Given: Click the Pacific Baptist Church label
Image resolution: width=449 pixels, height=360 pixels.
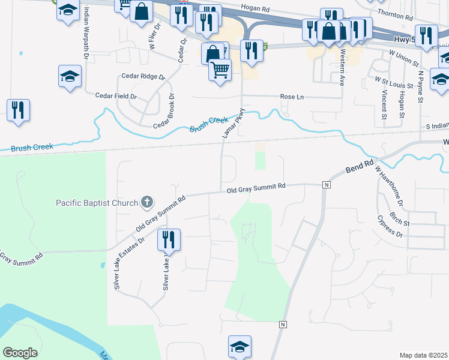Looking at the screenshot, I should pyautogui.click(x=97, y=203).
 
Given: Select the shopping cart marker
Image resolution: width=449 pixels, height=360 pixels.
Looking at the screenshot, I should pyautogui.click(x=220, y=70).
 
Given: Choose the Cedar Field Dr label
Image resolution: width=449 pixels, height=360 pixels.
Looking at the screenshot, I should pyautogui.click(x=116, y=95).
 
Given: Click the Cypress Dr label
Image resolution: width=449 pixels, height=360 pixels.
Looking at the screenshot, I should pyautogui.click(x=390, y=227).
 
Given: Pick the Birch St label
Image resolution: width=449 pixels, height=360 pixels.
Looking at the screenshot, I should pyautogui.click(x=399, y=217).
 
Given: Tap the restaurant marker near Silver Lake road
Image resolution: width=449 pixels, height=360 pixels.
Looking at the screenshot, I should pyautogui.click(x=169, y=240).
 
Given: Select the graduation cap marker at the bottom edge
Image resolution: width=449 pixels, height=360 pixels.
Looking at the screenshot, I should pyautogui.click(x=240, y=346).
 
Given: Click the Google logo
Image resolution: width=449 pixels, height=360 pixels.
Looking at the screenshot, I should pyautogui.click(x=20, y=353).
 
